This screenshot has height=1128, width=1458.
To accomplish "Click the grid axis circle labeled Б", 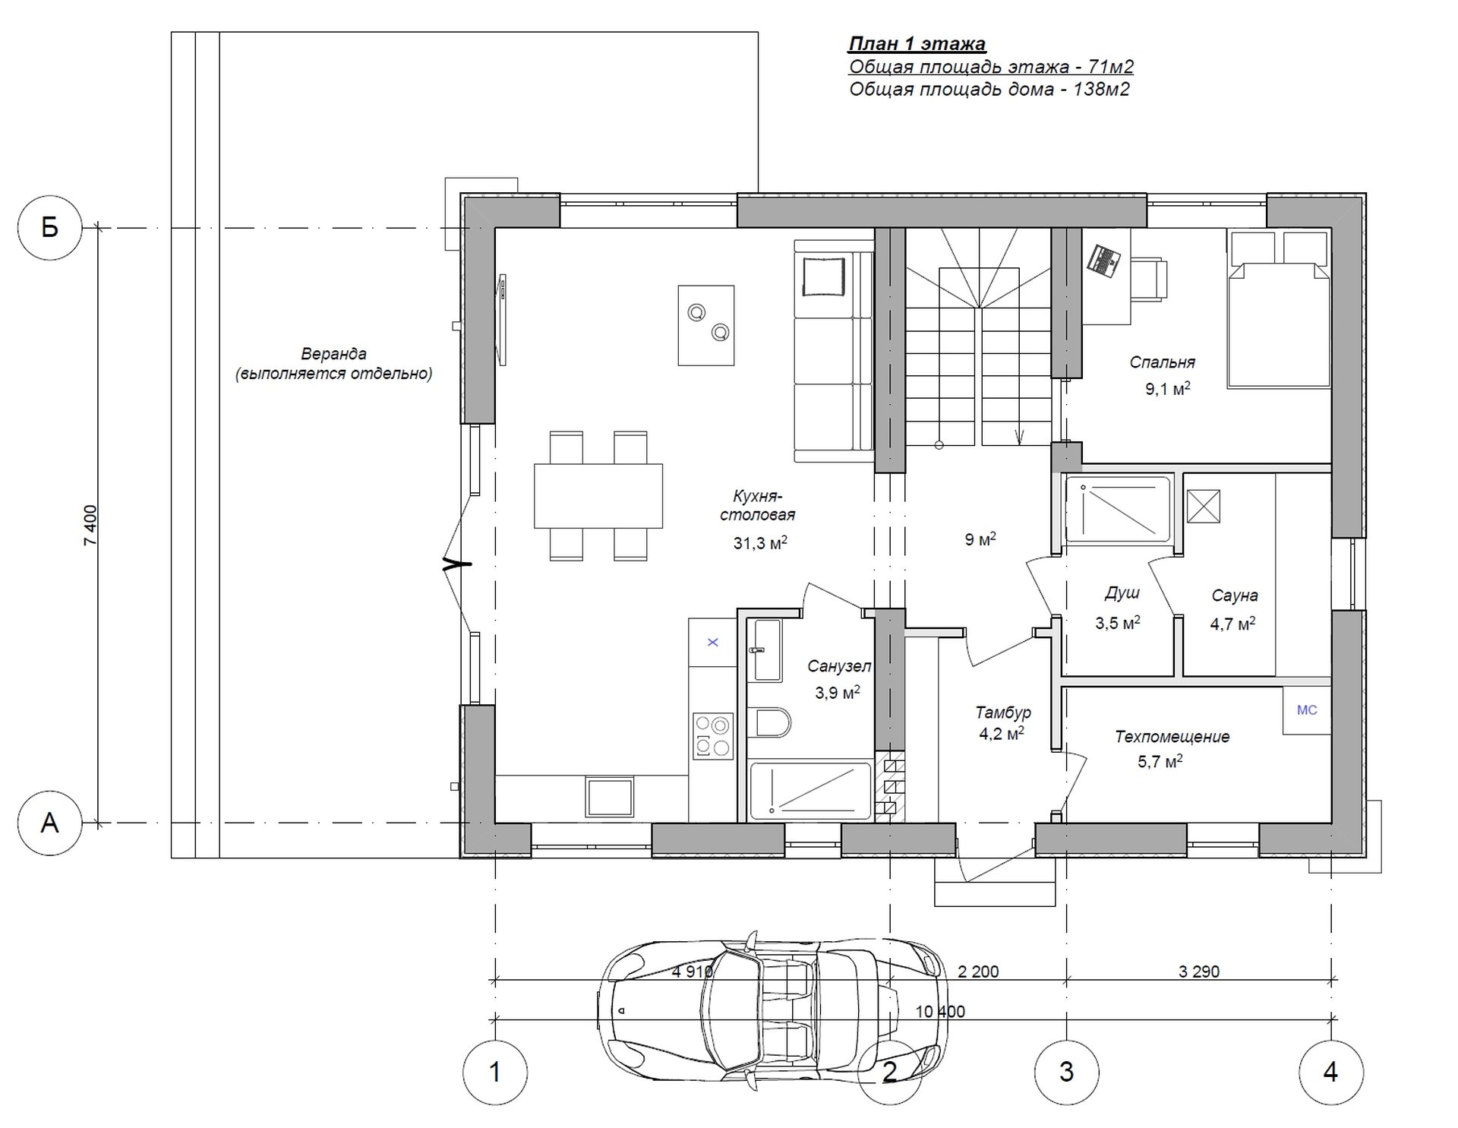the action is tap(50, 227).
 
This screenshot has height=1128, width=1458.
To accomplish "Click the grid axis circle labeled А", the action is tap(50, 823).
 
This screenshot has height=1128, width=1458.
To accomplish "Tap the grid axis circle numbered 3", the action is tap(1066, 1072).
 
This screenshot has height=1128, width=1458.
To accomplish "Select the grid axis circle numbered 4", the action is tap(1330, 1072).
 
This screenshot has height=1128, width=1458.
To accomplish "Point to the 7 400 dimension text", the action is tap(90, 525).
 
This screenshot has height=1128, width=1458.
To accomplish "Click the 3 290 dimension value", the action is tap(1199, 972).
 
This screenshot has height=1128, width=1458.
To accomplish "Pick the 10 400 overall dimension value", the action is tap(940, 1012).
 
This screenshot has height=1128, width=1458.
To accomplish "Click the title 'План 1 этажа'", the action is tap(917, 44).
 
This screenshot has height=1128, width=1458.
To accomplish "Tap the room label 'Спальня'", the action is tap(1162, 362).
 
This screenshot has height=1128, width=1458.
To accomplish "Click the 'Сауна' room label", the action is tap(1235, 596).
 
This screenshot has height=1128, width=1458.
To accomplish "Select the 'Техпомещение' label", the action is tap(1172, 737).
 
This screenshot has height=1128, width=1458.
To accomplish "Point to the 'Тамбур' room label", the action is tap(1003, 713).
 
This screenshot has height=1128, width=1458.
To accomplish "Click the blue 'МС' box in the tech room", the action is tap(1307, 710).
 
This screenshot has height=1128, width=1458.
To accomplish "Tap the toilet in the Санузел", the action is tap(768, 723).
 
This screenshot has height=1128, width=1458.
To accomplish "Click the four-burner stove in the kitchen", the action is tap(712, 736).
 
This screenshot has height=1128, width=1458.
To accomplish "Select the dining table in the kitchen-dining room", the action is tap(598, 496).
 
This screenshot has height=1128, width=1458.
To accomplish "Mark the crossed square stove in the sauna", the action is tap(1203, 507).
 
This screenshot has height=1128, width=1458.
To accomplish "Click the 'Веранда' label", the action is tap(333, 354).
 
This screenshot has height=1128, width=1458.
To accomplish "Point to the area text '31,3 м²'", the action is tap(760, 542).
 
